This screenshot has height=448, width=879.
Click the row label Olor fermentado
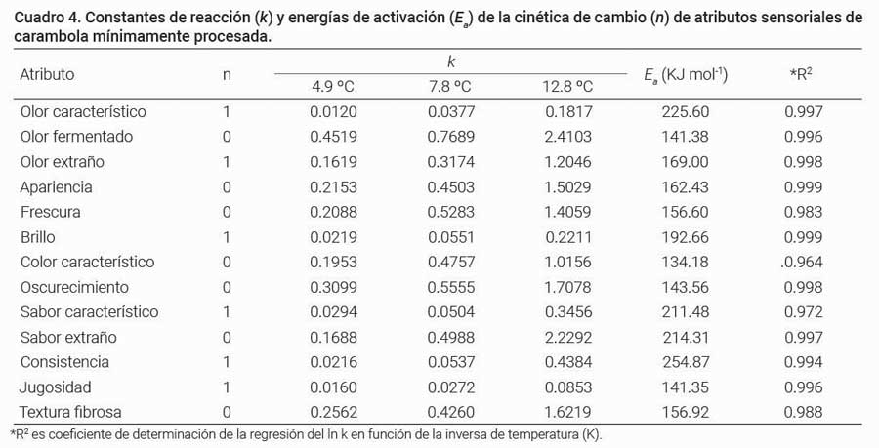tap(76, 137)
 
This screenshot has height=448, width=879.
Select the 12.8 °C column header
tap(567, 86)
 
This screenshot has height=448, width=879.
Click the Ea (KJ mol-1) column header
tap(688, 75)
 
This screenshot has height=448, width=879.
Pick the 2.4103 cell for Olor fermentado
tap(567, 137)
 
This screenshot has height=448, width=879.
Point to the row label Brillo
tap(39, 237)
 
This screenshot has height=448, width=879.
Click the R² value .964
tap(803, 262)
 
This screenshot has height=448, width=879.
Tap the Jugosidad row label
tap(56, 387)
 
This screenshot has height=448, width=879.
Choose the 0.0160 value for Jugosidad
tap(333, 387)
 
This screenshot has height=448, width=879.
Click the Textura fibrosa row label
tap(70, 412)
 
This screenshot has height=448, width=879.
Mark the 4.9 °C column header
tap(333, 86)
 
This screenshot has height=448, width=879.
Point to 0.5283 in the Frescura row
tap(449, 212)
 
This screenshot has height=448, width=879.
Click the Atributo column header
tap(47, 74)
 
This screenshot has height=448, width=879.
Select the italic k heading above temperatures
tap(450, 61)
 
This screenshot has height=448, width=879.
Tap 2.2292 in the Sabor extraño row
tap(567, 337)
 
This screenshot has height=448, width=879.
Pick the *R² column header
tap(803, 74)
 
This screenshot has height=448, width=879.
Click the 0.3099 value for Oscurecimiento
tap(333, 287)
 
